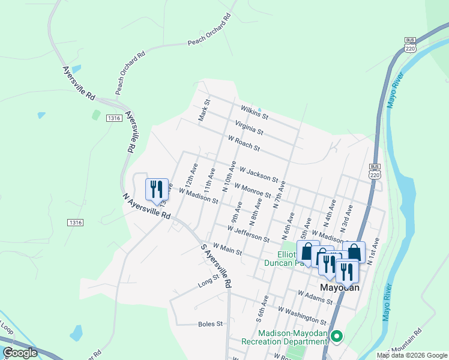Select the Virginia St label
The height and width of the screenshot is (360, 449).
coord(249,127)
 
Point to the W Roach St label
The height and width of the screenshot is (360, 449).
coord(244,143)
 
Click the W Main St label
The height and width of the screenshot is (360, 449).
coord(221,250)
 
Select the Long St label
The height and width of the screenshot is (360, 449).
coord(208,280)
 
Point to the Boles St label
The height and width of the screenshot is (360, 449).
coord(210,324)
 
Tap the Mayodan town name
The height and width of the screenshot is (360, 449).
coord(340,287)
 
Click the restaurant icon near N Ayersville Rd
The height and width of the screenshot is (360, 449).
coord(157,189)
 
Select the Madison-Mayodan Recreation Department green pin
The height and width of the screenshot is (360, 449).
coord(336,337)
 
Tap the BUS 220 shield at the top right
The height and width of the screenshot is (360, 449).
coord(410,46)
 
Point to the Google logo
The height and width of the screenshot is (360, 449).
coord(20,353)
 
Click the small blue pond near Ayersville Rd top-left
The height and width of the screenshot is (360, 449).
coord(41,115)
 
